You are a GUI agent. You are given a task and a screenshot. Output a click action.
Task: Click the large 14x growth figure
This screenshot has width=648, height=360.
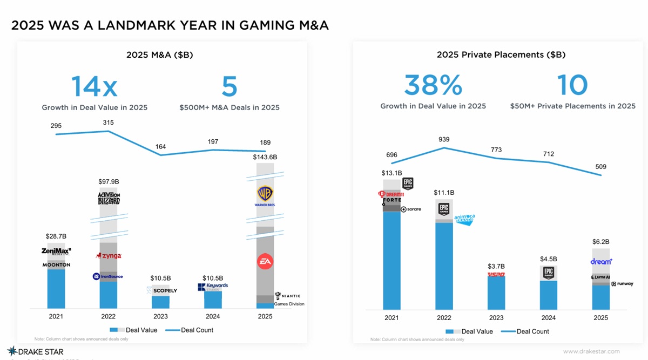point(94,86)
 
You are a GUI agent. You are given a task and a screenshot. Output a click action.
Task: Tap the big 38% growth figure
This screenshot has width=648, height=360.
point(433,85)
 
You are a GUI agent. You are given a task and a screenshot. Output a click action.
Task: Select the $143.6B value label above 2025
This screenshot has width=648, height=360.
point(265,157)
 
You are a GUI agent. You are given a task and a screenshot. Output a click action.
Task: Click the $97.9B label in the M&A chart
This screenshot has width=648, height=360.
point(109,181)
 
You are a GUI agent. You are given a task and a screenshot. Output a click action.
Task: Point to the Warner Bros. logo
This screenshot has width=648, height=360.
point(265,196)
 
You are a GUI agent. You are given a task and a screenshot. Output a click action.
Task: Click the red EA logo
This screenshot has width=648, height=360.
point(265,262)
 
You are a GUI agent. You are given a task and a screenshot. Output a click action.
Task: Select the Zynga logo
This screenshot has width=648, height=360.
point(109,255)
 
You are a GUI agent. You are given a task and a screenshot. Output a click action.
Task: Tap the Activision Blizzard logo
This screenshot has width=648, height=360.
point(109,198)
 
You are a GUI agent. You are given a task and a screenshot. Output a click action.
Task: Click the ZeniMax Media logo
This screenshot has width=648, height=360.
point(56,251)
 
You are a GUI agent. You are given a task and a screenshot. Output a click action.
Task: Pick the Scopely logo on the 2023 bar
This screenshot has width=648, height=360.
point(161,290)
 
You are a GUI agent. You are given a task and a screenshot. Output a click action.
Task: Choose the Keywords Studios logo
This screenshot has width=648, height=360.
point(213,287)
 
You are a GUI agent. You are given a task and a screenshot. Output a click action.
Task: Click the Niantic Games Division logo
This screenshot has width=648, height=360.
point(288,296)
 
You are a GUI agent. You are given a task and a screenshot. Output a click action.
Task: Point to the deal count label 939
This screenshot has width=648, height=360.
point(444,139)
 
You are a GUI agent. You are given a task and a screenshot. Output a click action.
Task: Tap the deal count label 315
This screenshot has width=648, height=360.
point(109,123)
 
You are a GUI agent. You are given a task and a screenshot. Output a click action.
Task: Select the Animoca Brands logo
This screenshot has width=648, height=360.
point(464,219)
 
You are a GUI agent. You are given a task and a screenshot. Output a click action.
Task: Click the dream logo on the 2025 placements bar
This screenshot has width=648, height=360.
point(601,261)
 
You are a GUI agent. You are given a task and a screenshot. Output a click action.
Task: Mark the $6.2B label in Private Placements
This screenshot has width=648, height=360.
point(600,242)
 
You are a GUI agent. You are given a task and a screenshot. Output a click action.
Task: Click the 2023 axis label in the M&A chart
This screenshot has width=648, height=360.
point(160,316)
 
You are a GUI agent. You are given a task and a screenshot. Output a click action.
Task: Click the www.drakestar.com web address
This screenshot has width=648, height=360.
point(591,352)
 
